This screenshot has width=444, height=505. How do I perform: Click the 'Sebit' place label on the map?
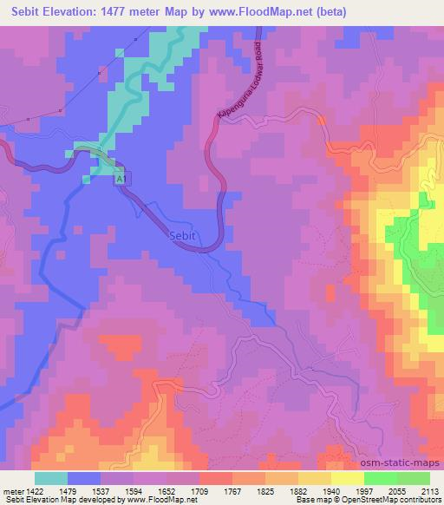[x=183, y=236]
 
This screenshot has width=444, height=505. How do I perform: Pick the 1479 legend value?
[x=68, y=490]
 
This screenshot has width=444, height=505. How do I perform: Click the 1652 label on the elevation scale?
[x=168, y=490]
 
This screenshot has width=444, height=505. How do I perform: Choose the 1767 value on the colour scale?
[x=234, y=490]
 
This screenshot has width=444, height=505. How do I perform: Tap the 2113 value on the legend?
[x=429, y=490]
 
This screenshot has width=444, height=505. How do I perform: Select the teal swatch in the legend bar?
[x=51, y=478]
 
